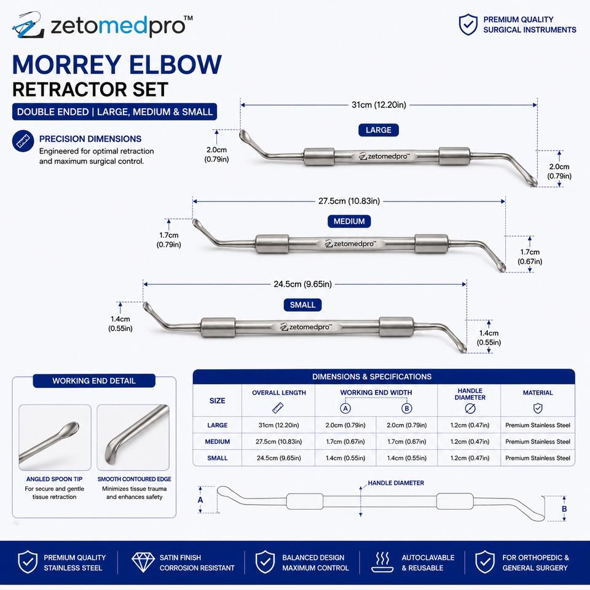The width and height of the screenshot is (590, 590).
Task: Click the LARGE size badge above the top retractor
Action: point(378,130)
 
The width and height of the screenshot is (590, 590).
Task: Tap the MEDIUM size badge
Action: point(349,221)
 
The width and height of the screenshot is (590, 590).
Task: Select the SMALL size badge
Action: point(302,305)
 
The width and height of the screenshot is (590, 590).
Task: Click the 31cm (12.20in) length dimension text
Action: point(379,105)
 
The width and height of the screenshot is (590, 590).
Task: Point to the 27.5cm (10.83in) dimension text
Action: point(349,201)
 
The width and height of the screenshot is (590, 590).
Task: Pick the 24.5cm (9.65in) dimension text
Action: point(302,284)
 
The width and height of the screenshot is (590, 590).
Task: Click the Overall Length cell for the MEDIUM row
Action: point(278,442)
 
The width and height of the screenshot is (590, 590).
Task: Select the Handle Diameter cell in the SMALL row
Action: point(470,458)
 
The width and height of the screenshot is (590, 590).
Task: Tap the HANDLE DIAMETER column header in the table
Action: point(470,394)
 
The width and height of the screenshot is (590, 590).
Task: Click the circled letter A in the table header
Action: point(345,408)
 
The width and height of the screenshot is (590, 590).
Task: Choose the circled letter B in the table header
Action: point(406,408)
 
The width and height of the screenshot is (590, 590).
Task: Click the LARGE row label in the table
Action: point(217,425)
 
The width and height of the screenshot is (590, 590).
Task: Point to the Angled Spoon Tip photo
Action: point(55,438)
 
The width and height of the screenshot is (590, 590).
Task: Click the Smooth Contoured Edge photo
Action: point(133,438)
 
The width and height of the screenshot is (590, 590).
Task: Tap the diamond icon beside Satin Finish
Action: point(143,562)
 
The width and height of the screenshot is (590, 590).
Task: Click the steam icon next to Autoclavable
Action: point(382,562)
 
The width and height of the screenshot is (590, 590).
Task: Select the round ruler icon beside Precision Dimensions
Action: point(23,141)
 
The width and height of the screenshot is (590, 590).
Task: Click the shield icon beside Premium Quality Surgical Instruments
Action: point(468,25)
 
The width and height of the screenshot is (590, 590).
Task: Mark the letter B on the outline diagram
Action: point(564,509)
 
